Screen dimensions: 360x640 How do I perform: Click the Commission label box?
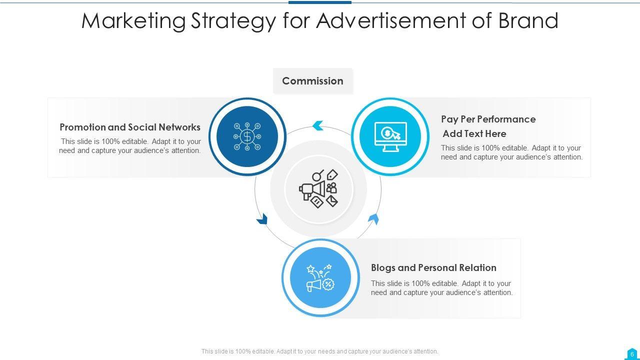tap(312, 81)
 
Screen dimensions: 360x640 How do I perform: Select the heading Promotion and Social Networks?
tap(130, 127)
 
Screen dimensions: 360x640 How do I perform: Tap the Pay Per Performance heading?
tap(488, 119)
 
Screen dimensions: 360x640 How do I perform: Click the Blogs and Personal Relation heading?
tap(433, 268)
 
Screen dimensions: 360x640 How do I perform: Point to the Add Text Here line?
tap(474, 134)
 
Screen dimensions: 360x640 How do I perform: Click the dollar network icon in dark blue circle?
tap(247, 136)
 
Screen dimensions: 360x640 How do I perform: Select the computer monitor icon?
tap(390, 136)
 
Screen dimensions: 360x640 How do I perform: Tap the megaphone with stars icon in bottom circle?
tap(320, 278)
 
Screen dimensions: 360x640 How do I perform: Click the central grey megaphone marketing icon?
tap(318, 188)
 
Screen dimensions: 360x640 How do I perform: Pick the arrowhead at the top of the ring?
tap(318, 125)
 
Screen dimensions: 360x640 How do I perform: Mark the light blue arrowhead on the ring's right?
tap(373, 219)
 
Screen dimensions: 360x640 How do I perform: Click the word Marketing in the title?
tap(133, 21)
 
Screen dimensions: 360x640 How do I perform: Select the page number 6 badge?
tap(632, 353)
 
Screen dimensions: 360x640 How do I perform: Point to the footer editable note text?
tap(319, 351)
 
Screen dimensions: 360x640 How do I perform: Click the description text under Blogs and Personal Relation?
tap(441, 288)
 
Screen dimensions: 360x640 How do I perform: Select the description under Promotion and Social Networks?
tap(130, 146)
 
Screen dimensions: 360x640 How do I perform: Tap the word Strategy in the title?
tap(233, 21)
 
